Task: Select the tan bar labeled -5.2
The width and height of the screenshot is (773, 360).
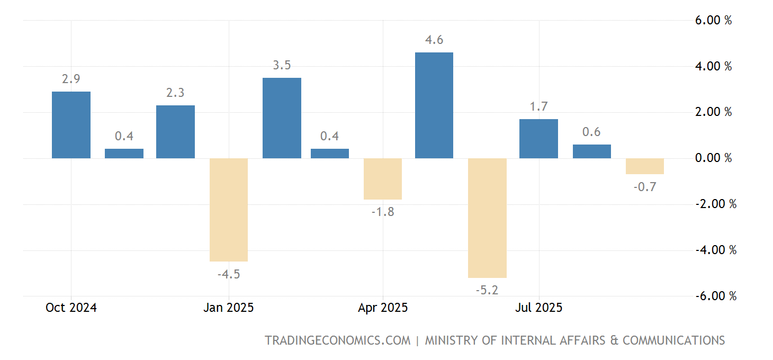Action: [x=488, y=218]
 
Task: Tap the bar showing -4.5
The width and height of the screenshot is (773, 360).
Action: [x=229, y=210]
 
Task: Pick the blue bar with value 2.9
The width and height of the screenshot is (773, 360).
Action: [x=71, y=125]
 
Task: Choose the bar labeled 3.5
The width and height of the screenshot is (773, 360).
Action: [x=282, y=118]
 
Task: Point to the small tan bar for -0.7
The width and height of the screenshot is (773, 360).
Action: [x=644, y=166]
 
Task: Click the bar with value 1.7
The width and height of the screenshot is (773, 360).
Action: [x=538, y=139]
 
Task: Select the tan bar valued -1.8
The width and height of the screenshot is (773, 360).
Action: [x=383, y=179]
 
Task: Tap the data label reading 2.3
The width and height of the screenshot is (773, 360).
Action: [x=175, y=93]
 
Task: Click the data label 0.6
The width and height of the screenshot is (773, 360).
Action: [x=591, y=132]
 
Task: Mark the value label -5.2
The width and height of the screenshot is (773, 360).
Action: [x=488, y=290]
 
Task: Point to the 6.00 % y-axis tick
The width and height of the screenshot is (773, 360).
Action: [x=713, y=21]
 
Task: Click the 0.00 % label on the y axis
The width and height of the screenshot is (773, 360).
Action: [x=713, y=158]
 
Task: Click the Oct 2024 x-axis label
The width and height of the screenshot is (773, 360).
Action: [x=71, y=308]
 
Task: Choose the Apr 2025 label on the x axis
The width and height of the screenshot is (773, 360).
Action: [x=383, y=308]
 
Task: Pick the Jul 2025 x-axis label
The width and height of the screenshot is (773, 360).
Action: [x=538, y=308]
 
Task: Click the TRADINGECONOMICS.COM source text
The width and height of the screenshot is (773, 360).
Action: [x=337, y=340]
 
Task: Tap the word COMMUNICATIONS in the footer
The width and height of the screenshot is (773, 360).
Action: [x=673, y=340]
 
